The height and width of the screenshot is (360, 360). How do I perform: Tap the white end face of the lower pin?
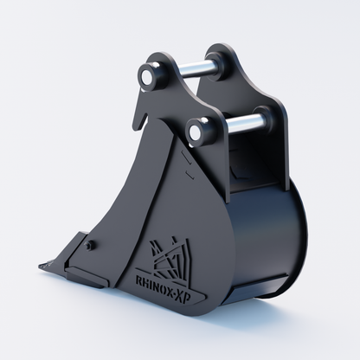tap(195, 132)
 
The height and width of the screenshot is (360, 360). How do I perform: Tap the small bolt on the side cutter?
tap(88, 245)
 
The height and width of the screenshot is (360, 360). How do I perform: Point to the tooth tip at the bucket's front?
tap(42, 266)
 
